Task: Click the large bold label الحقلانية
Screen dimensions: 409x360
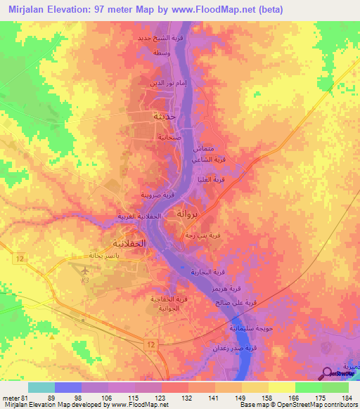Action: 129,243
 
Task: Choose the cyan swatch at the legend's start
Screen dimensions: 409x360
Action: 41,387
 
